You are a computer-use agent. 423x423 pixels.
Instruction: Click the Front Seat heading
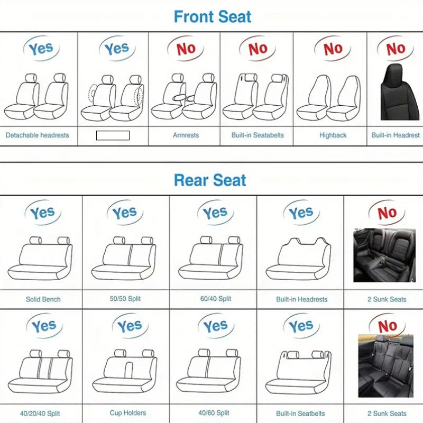(213, 16)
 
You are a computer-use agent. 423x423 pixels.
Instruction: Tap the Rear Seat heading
(210, 180)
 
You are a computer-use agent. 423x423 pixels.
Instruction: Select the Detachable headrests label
(38, 135)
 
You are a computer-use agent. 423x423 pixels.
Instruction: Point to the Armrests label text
(186, 135)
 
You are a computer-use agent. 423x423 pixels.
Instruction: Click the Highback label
(333, 135)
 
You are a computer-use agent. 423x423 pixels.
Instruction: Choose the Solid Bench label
(43, 299)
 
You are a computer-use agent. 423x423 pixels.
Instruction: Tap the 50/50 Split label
(125, 299)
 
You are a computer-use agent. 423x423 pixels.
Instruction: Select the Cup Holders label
(128, 413)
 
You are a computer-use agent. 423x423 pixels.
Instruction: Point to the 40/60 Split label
(215, 413)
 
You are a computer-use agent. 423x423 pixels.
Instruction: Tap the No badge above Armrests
(186, 49)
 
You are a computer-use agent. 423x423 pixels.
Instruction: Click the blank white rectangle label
(113, 135)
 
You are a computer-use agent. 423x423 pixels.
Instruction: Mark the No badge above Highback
(333, 49)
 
